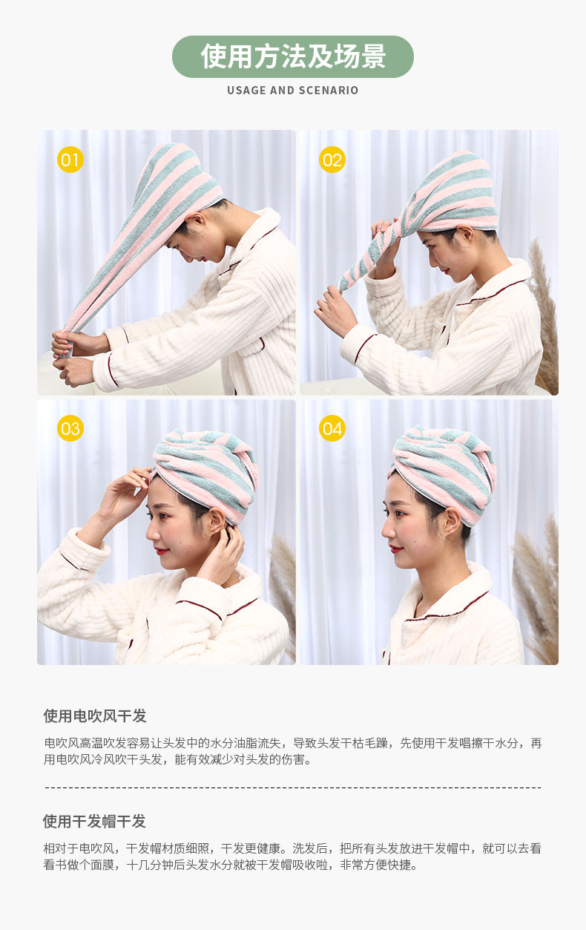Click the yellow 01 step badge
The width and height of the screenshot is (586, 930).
(x=70, y=160)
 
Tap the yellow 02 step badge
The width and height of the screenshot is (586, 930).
(x=332, y=160)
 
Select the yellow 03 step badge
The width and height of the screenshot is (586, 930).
(x=70, y=428)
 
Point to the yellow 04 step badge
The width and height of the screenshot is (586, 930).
(x=332, y=428)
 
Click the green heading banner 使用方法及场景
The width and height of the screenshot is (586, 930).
(x=293, y=56)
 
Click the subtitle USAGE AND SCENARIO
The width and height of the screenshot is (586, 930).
(x=293, y=91)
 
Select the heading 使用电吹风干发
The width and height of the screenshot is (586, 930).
(x=95, y=716)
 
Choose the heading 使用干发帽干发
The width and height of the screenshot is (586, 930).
(x=94, y=822)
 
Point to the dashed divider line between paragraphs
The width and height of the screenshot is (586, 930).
(x=293, y=787)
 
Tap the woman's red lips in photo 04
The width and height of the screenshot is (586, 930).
(x=396, y=551)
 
